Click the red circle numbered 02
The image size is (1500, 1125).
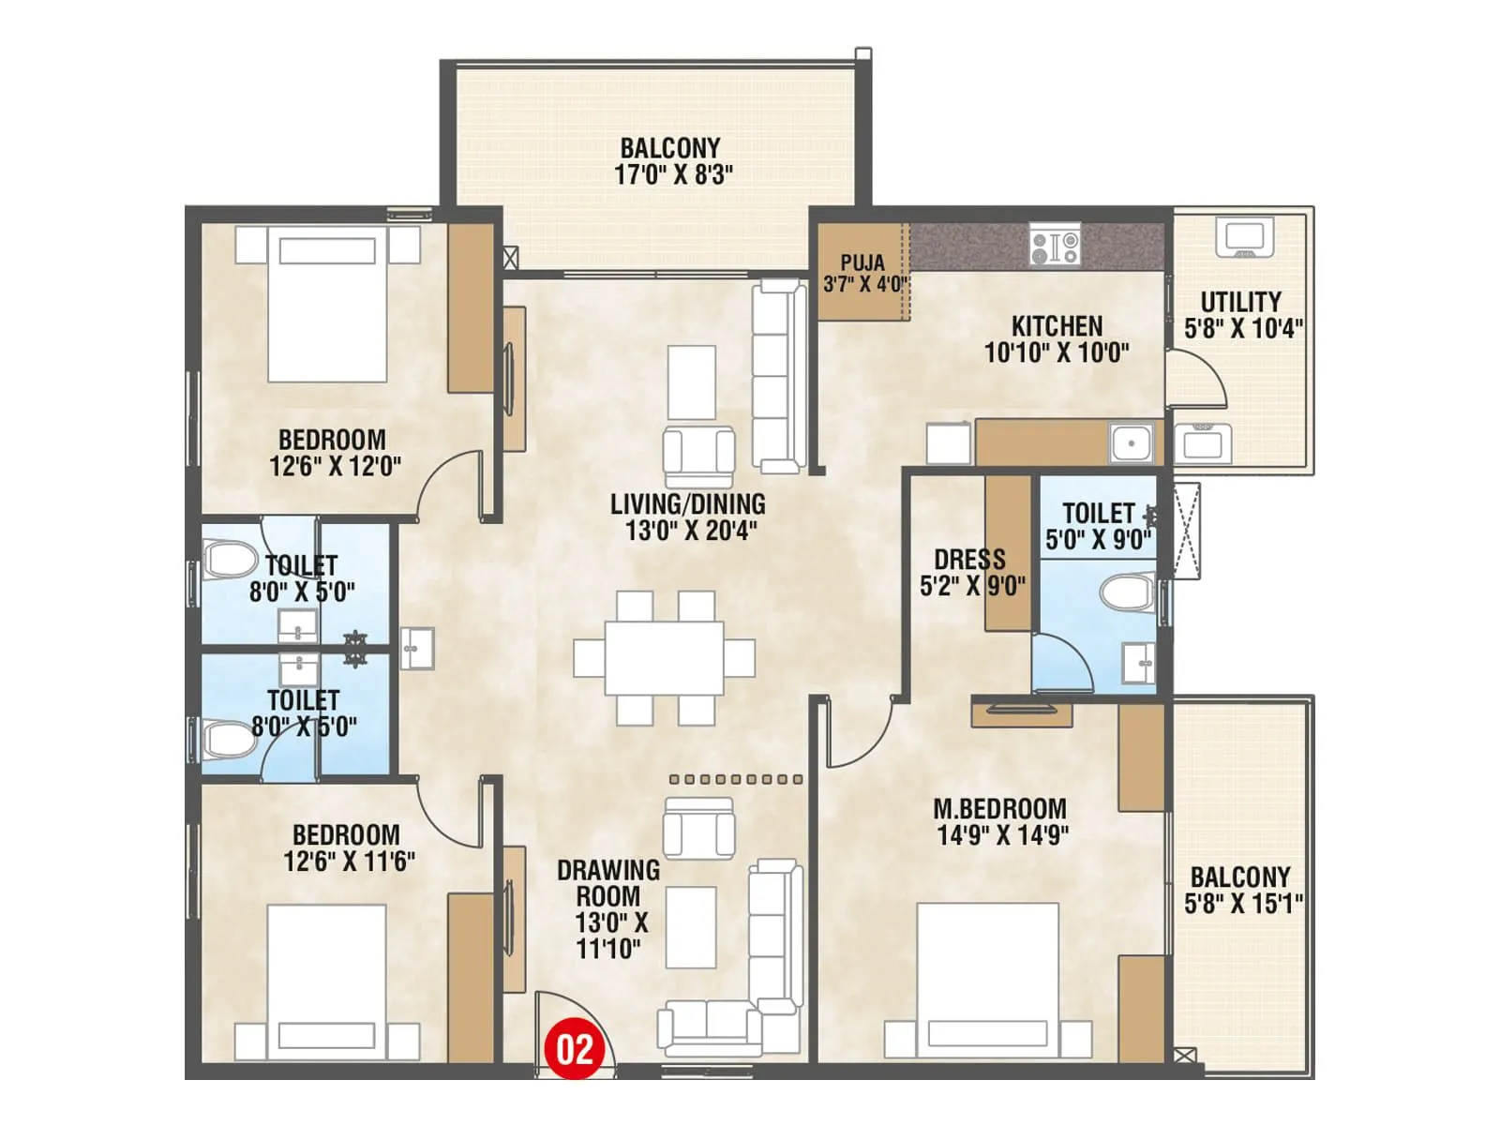click(575, 1049)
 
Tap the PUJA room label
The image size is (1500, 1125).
click(862, 262)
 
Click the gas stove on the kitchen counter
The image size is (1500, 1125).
click(1055, 246)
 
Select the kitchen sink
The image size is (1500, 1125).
click(1132, 443)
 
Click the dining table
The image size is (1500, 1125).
click(664, 657)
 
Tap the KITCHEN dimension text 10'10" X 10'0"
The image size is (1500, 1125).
click(1057, 352)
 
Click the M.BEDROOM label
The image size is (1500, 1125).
click(999, 808)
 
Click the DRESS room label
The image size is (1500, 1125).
click(969, 560)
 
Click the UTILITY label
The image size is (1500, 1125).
click(1240, 302)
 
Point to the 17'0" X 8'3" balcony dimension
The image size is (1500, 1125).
click(673, 174)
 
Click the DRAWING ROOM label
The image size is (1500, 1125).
click(608, 883)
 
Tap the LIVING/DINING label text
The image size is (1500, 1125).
click(687, 504)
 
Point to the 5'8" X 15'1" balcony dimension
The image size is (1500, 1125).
click(1243, 904)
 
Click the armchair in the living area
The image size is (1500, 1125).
click(698, 455)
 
